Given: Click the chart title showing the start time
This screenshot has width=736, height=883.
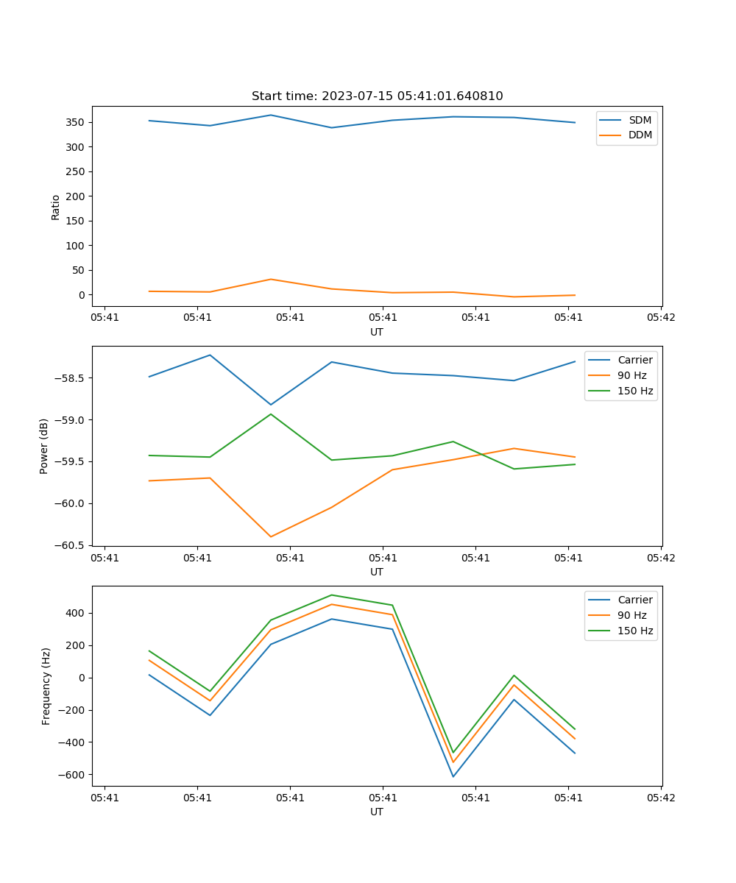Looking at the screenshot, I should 377,96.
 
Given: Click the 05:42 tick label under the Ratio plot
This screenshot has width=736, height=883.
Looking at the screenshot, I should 660,318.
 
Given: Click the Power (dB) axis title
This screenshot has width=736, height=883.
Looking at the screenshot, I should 44,446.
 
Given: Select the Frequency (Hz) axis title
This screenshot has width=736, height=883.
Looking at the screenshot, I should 46,686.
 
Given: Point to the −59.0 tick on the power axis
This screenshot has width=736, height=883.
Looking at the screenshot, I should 71,420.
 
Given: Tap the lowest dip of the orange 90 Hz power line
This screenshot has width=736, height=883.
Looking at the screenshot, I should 271,536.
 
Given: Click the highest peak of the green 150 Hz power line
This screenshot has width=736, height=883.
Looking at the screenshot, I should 271,414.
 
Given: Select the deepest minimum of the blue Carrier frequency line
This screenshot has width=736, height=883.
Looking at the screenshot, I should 453,776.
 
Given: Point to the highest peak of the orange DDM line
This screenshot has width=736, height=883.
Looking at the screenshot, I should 271,279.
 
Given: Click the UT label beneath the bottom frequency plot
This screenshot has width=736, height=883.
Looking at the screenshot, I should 377,812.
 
